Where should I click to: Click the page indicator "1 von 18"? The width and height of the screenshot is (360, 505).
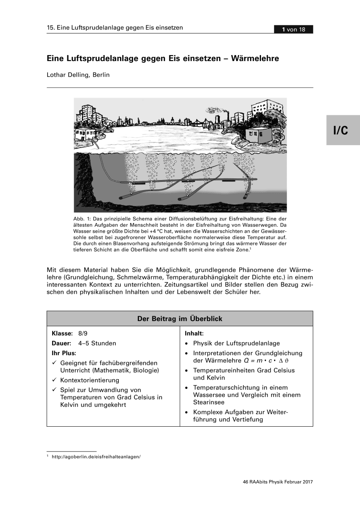(293, 29)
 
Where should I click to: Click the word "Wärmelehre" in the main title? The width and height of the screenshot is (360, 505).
(256, 58)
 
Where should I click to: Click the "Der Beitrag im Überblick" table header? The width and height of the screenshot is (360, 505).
(180, 319)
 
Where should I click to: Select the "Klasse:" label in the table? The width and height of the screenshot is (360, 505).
(62, 333)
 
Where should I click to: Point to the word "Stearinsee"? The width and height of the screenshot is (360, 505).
(209, 402)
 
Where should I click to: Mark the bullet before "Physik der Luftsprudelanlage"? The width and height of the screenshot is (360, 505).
(187, 343)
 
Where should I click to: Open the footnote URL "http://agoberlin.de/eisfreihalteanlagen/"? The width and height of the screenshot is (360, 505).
(96, 456)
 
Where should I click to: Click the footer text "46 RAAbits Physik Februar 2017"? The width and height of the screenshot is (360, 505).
(278, 482)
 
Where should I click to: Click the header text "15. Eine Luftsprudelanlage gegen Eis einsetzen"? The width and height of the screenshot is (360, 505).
(115, 28)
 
